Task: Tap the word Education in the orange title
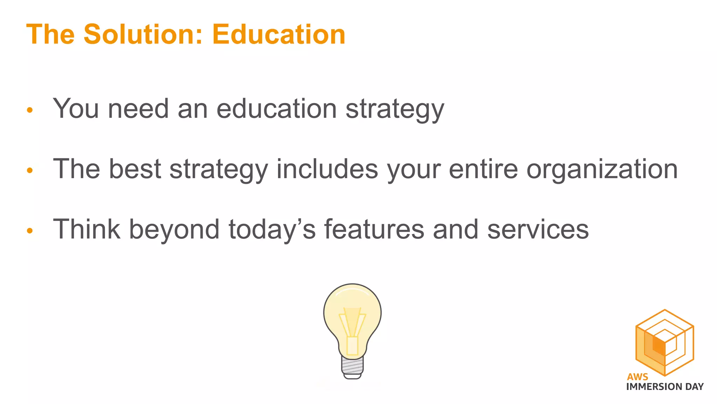pos(279,34)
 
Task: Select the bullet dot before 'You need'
pos(30,110)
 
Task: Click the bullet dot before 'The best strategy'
pos(30,170)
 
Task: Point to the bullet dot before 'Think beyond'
pos(30,231)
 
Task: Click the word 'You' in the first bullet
pos(76,109)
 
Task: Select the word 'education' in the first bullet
pos(277,109)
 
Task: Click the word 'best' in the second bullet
pos(135,169)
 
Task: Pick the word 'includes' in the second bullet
pos(327,169)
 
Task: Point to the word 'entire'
pos(483,169)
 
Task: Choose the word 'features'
pos(374,229)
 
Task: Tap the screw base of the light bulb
pos(352,366)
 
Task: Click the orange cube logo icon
pos(664,342)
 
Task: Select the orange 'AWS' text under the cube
pos(637,377)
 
